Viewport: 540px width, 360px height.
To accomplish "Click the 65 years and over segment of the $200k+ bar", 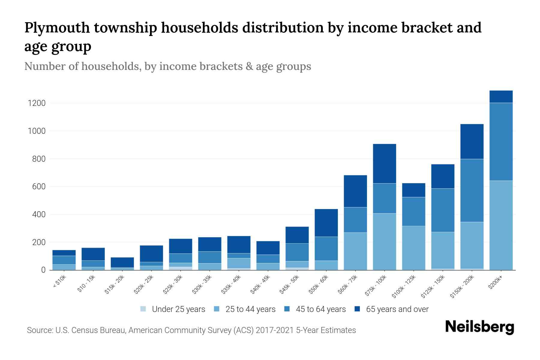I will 501,97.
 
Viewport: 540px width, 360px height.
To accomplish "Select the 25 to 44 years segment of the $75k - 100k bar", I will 384,241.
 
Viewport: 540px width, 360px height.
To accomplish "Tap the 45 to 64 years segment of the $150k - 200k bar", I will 472,190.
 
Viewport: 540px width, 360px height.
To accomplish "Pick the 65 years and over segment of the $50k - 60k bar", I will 326,223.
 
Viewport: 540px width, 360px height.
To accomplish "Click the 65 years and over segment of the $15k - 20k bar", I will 122,262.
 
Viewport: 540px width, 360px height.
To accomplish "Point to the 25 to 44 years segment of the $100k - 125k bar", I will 413,248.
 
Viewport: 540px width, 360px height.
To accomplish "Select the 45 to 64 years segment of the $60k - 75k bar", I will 355,220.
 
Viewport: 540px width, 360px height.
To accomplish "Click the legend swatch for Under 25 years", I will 143,309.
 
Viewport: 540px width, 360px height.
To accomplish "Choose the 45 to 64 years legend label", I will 321,309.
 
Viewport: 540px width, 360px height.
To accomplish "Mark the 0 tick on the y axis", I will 43,270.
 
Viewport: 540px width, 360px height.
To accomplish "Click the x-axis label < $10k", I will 60,281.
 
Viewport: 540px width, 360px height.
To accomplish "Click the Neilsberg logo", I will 479,327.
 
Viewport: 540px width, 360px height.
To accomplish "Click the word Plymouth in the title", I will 57,28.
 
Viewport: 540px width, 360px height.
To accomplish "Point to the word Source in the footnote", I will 39,330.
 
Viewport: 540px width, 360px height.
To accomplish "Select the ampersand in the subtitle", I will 249,66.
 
